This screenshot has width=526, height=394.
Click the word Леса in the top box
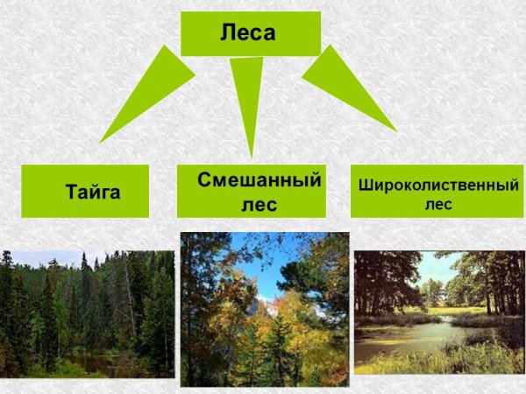click(x=248, y=34)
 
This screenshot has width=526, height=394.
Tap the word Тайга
click(x=92, y=192)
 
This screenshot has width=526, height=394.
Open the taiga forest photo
click(x=88, y=313)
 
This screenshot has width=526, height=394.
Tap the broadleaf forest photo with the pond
click(x=438, y=312)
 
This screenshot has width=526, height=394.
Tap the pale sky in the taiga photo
click(x=53, y=257)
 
